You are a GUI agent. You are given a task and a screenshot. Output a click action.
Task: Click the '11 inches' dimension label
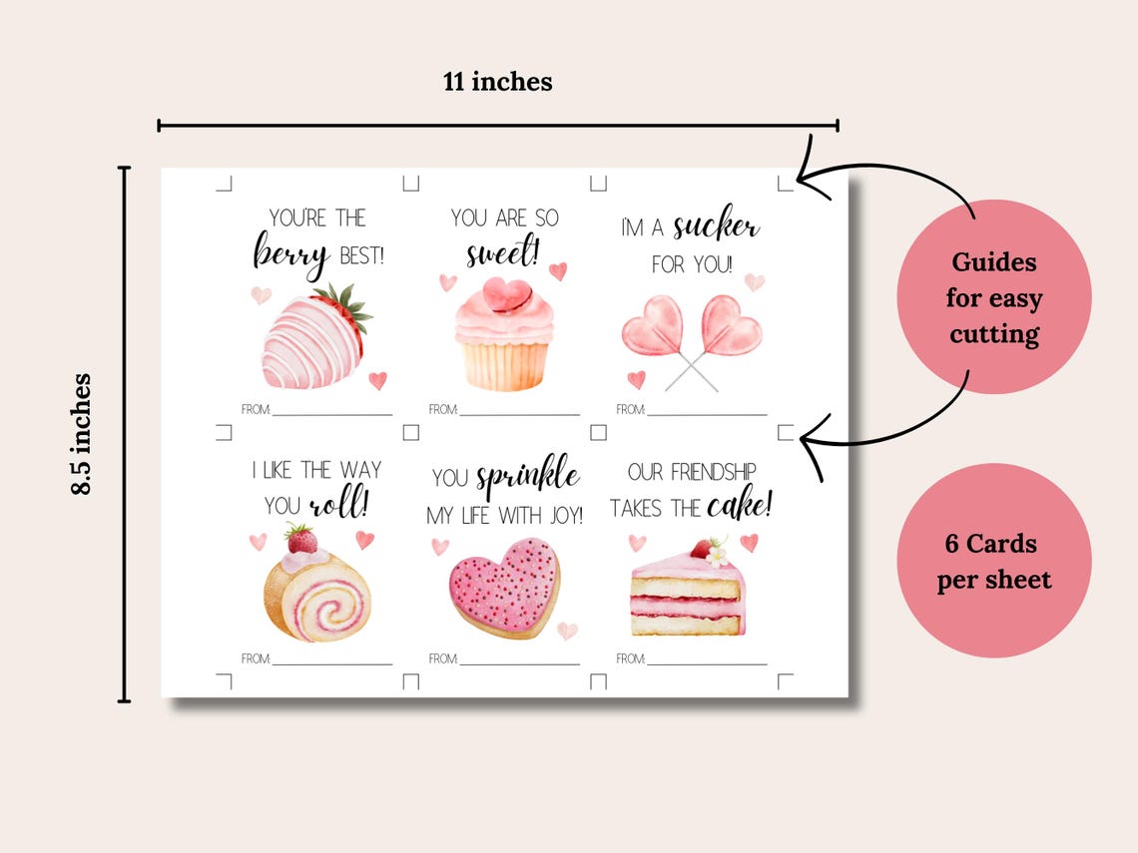497,82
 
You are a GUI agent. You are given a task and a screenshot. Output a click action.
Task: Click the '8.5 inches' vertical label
81,434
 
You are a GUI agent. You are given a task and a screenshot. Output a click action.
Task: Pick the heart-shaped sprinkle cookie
504,588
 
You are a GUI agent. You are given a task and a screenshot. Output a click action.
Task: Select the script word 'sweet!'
502,252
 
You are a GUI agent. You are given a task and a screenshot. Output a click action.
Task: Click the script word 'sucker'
715,227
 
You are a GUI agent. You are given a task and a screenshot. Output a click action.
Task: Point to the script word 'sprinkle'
527,476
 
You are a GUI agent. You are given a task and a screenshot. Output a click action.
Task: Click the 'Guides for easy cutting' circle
993,297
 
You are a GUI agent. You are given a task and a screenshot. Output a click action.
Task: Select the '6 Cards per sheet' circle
993,561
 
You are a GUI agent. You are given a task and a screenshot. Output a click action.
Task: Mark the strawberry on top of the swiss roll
301,540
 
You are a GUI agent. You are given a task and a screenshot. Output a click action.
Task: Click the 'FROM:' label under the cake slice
631,658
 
